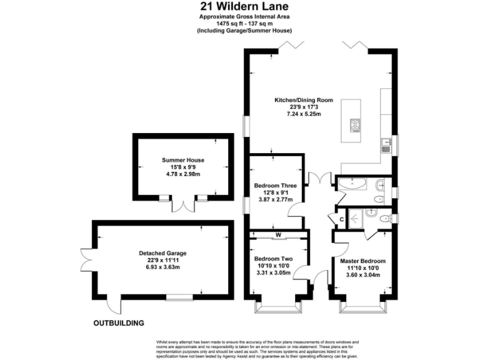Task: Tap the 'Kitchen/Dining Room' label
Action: pyautogui.click(x=304, y=100)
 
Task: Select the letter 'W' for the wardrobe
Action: pyautogui.click(x=277, y=236)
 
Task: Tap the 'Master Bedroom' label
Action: pyautogui.click(x=362, y=261)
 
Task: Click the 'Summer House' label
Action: pyautogui.click(x=182, y=160)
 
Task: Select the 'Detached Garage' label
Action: pyautogui.click(x=162, y=253)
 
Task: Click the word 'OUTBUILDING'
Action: pyautogui.click(x=119, y=323)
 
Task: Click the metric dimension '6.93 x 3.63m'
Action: pyautogui.click(x=162, y=267)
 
